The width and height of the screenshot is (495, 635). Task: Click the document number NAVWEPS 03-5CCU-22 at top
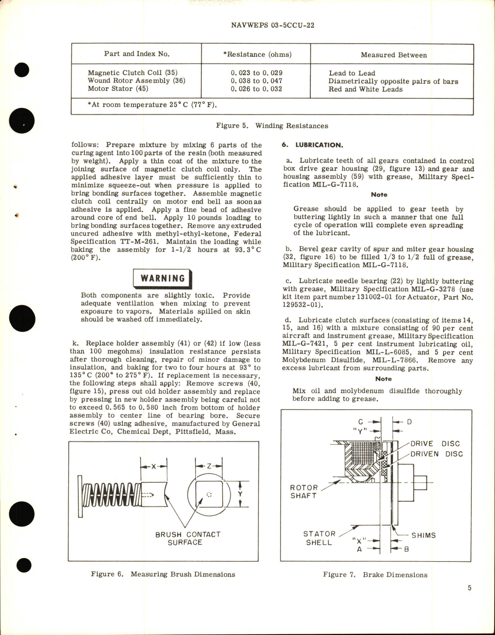coord(272,26)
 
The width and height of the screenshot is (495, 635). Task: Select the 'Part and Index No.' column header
coord(137,54)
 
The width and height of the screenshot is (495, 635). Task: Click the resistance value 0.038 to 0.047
coord(256,81)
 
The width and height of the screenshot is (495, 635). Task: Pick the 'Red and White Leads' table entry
coord(365,89)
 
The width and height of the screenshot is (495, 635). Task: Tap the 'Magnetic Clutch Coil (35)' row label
coord(132,73)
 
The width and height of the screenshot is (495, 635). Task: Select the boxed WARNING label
coord(162,278)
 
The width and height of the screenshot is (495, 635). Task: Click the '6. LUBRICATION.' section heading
coord(312,145)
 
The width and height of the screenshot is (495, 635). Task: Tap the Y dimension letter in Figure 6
coord(240,494)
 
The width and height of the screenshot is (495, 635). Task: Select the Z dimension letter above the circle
coord(209,466)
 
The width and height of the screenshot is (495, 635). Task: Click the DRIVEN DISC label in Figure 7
coord(436,454)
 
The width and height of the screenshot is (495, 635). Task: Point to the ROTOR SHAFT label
coord(304,492)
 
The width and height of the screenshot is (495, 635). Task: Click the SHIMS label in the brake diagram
coord(423,535)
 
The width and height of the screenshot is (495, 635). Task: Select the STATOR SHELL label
coord(319,538)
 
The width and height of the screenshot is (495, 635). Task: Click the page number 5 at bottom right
coord(469,588)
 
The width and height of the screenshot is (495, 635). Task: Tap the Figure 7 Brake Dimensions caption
coord(375,575)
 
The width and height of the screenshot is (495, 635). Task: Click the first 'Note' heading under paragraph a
coord(379,195)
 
